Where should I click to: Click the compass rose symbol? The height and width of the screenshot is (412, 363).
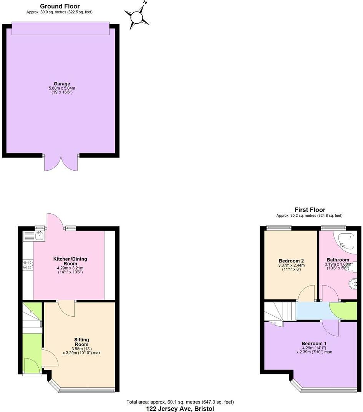pyautogui.click(x=137, y=17)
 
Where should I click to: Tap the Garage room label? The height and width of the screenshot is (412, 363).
pyautogui.click(x=62, y=84)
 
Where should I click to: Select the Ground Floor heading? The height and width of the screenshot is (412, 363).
pyautogui.click(x=60, y=6)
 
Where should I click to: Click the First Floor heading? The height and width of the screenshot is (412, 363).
pyautogui.click(x=310, y=210)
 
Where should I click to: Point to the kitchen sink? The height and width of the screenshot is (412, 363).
pyautogui.click(x=39, y=236)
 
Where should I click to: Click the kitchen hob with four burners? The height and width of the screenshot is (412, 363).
pyautogui.click(x=28, y=264)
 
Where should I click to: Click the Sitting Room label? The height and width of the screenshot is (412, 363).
pyautogui.click(x=81, y=342)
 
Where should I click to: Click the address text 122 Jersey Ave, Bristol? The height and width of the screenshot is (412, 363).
pyautogui.click(x=180, y=409)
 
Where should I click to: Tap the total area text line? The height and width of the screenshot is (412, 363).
pyautogui.click(x=180, y=402)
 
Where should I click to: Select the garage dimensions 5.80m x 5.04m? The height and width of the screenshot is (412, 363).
pyautogui.click(x=62, y=88)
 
